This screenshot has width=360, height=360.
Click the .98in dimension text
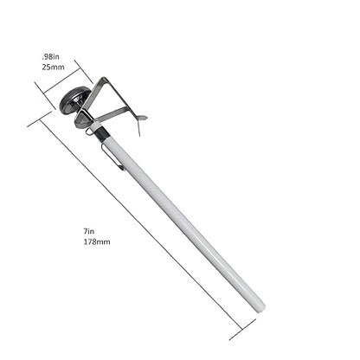click(50, 56)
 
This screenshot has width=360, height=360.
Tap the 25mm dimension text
click(53, 67)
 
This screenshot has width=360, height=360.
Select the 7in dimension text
click(89, 231)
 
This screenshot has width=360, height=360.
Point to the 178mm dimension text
click(97, 241)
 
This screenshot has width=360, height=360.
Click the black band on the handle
click(101, 132)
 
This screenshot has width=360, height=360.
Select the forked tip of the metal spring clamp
click(142, 118)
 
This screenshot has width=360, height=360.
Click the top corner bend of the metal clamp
click(104, 79)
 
